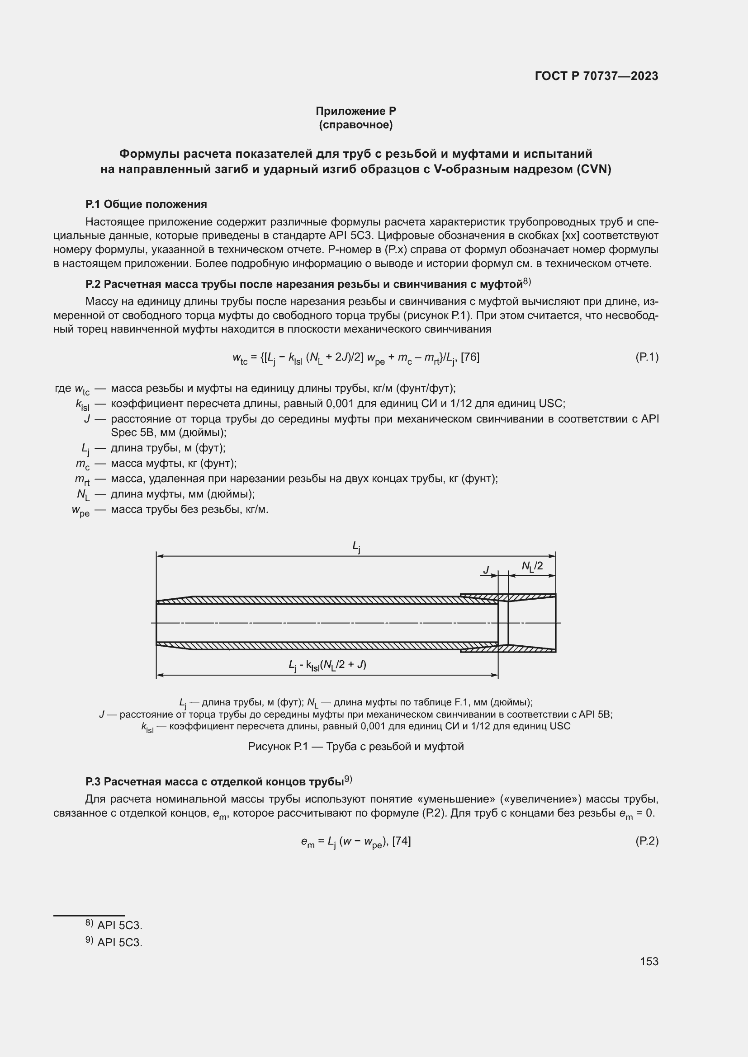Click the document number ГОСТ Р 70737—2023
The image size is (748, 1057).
(x=597, y=76)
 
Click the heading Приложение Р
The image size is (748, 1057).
(x=355, y=111)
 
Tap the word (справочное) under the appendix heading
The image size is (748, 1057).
(x=355, y=125)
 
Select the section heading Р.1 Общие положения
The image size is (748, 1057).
(x=146, y=204)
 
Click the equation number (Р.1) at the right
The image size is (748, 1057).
(x=647, y=357)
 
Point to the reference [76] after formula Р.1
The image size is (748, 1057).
(x=470, y=357)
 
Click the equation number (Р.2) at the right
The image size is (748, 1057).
(x=647, y=841)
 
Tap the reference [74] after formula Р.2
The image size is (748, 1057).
(x=401, y=841)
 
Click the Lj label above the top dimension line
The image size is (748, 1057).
(x=356, y=546)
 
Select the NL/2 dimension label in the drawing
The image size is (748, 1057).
(x=532, y=566)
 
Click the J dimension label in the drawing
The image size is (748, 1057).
(x=486, y=570)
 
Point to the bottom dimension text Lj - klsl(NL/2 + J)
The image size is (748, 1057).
(x=327, y=665)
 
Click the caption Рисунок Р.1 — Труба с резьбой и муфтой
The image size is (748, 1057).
(x=355, y=746)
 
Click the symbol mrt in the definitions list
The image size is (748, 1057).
(x=82, y=479)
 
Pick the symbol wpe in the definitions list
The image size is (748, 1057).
(x=80, y=510)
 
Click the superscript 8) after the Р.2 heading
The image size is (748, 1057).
(x=527, y=281)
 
